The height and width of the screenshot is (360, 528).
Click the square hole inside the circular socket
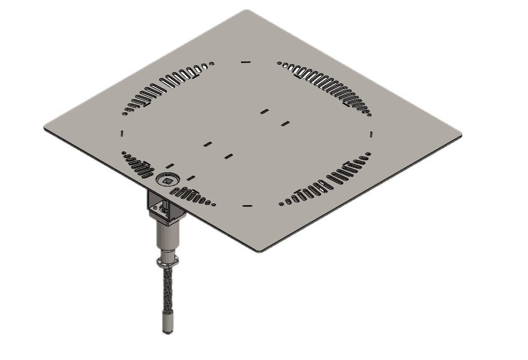click(168, 181)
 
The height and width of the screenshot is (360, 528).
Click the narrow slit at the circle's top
click(245, 62)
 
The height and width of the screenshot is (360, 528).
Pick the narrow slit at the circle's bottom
click(247, 206)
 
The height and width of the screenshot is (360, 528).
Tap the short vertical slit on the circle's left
click(122, 133)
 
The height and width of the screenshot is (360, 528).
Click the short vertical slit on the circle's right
click(371, 134)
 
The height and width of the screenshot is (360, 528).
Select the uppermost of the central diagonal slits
click(264, 111)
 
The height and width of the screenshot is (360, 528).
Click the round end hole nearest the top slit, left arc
click(212, 64)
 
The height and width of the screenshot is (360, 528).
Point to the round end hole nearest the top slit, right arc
click(279, 63)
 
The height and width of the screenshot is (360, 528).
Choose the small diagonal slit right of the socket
click(191, 178)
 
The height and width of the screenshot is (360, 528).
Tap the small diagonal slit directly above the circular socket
click(170, 166)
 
